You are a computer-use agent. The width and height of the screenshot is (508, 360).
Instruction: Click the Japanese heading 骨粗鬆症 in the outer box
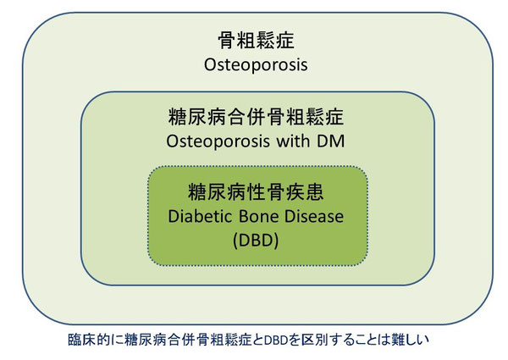pos(256,40)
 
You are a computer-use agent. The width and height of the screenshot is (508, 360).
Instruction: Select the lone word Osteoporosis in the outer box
pos(256,64)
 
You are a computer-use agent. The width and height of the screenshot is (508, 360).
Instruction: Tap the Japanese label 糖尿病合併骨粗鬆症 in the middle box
pos(256,117)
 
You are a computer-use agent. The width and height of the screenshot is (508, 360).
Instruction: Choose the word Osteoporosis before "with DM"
pos(218,141)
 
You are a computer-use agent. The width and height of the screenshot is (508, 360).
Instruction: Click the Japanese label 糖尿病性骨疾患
pos(256,192)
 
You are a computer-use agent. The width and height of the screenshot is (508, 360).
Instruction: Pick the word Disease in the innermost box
pos(312,216)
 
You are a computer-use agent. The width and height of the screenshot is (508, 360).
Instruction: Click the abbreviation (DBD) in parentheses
pos(256,241)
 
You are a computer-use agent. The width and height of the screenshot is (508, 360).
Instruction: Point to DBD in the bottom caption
pos(276,340)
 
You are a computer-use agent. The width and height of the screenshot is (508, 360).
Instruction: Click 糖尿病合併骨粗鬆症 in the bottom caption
pos(188,340)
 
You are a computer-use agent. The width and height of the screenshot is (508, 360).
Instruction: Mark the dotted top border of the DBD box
pos(257,167)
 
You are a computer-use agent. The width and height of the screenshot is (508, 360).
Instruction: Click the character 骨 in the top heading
pos(227,40)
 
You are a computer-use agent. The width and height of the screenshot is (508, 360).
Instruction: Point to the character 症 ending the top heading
pos(285,40)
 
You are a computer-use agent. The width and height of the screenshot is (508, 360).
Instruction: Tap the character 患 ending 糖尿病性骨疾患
pos(315,192)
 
